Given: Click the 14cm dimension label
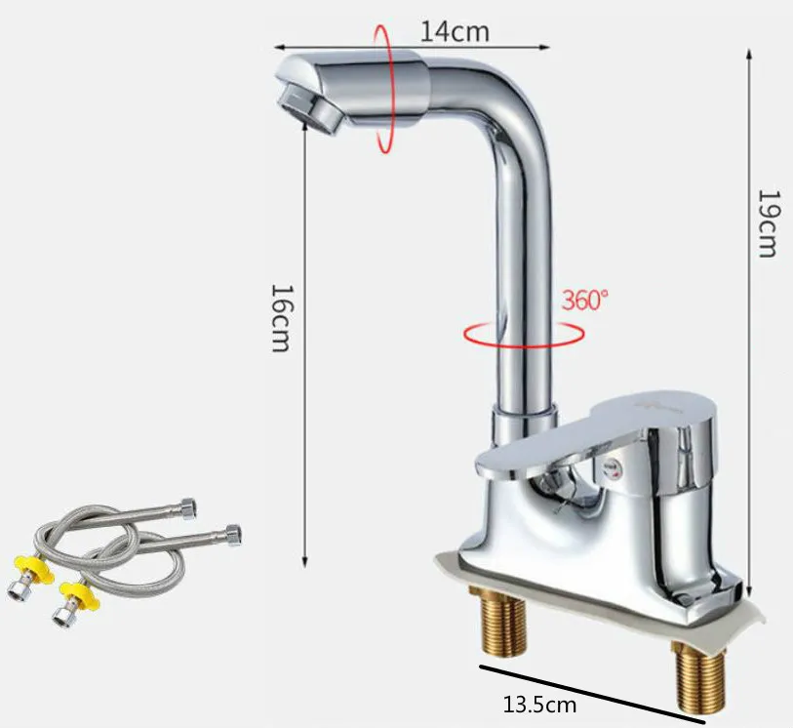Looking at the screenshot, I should tap(455, 30).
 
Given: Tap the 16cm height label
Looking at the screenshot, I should tap(281, 319).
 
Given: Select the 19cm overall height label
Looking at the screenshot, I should tap(768, 223).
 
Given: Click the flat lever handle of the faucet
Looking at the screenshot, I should tap(585, 434).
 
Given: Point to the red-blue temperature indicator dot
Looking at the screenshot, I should tap(613, 469).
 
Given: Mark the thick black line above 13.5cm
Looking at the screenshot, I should tap(590, 695).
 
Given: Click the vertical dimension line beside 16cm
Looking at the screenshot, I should tap(305, 322).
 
